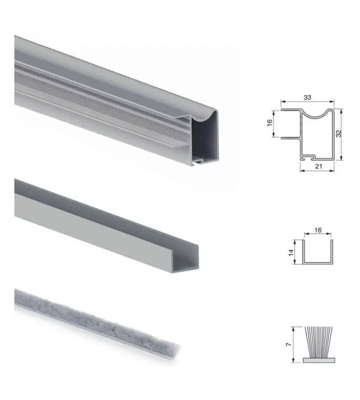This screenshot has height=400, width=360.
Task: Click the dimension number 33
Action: [307, 98]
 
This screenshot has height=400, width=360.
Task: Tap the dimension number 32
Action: [338, 134]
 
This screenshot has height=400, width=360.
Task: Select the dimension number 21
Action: [318, 166]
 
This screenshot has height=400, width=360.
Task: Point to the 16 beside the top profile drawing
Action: [269, 123]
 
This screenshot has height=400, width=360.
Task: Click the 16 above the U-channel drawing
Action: [318, 230]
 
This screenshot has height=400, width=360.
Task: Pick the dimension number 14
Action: [291, 253]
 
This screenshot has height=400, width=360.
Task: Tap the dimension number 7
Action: [288, 345]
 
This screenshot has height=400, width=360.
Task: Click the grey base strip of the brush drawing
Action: [319, 360]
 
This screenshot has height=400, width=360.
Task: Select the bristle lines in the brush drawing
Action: [319, 342]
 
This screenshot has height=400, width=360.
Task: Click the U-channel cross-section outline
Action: [318, 263]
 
